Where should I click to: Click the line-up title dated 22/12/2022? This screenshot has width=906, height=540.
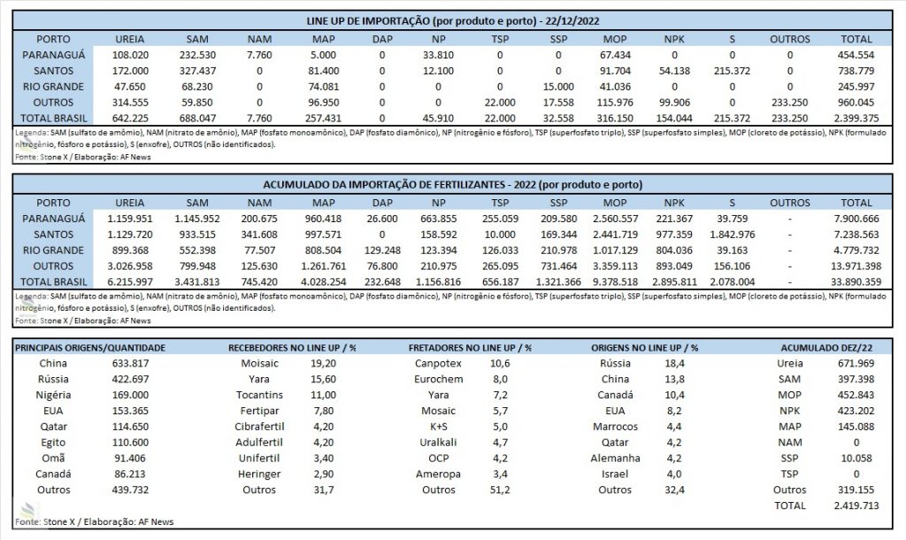[x=453, y=21]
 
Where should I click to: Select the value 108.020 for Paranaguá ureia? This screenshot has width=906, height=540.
[x=130, y=55]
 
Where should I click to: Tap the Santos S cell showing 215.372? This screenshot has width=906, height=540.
[x=732, y=71]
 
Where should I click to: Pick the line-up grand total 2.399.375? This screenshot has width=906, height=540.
[x=856, y=119]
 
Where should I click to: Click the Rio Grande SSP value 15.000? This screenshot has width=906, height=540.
[x=558, y=87]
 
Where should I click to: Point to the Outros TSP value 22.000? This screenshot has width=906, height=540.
[x=500, y=103]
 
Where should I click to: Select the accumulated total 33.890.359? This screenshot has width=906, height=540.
[x=856, y=282]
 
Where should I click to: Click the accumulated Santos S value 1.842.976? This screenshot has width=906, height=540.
[x=732, y=235]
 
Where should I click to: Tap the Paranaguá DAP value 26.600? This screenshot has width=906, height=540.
[x=382, y=220]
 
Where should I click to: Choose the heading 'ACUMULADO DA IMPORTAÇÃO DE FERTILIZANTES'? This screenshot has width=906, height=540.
[x=384, y=185]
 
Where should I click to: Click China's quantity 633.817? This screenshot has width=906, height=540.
[x=130, y=364]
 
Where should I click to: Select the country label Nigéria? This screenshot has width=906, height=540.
[x=53, y=396]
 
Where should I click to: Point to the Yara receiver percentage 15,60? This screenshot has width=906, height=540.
[x=323, y=379]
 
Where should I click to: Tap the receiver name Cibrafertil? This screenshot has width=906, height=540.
[x=259, y=427]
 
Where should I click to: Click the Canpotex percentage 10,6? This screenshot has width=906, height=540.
[x=500, y=364]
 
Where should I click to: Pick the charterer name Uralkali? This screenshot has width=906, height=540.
[x=438, y=443]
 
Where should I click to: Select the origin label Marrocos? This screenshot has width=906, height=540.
[x=615, y=427]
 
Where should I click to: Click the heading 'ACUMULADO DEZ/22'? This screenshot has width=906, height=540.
[x=826, y=348]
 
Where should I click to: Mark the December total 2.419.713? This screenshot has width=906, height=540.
[x=856, y=505]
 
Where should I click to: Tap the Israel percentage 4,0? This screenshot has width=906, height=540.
[x=673, y=474]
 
